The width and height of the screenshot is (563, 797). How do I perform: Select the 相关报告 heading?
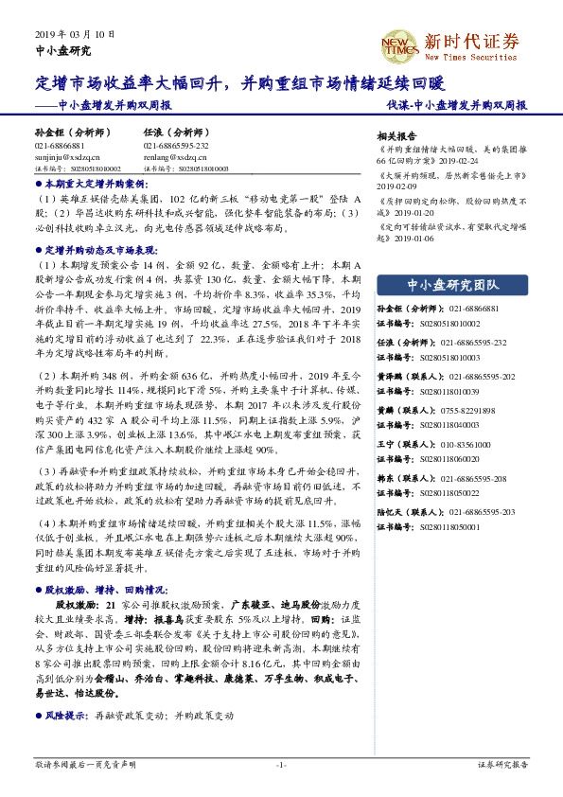(x=396, y=134)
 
